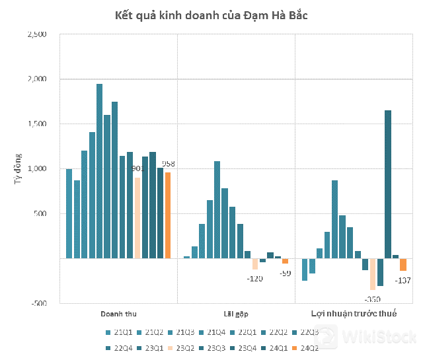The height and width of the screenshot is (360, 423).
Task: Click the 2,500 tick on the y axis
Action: point(36,34)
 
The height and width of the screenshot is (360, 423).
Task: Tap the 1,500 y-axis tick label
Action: point(36,124)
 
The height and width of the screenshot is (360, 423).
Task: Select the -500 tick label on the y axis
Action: point(38,304)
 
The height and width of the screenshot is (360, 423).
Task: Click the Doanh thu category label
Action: point(118,314)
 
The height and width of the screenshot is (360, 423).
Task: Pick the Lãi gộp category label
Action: point(235,314)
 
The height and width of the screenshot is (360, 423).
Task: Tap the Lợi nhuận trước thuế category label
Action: point(354,314)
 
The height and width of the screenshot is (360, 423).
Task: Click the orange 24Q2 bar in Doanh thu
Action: point(168,215)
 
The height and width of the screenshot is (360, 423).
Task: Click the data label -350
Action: point(372,299)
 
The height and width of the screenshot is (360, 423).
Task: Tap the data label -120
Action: point(254,278)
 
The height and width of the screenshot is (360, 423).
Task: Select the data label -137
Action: point(403,281)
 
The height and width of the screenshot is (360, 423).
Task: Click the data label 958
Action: point(170,164)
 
